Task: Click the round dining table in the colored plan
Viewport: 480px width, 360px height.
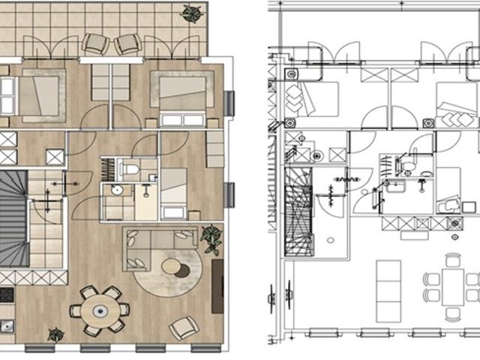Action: pyautogui.click(x=100, y=309)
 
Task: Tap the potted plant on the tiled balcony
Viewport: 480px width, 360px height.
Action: pyautogui.click(x=192, y=13)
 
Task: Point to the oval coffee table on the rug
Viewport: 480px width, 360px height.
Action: pyautogui.click(x=171, y=267)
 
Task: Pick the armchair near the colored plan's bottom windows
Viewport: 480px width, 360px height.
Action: pyautogui.click(x=184, y=328)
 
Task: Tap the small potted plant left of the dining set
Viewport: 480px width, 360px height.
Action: pyautogui.click(x=55, y=334)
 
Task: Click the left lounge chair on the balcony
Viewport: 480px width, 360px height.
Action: pyautogui.click(x=96, y=44)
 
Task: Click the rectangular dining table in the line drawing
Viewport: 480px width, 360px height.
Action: pyautogui.click(x=452, y=286)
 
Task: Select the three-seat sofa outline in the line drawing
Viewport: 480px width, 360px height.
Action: pyautogui.click(x=388, y=280)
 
